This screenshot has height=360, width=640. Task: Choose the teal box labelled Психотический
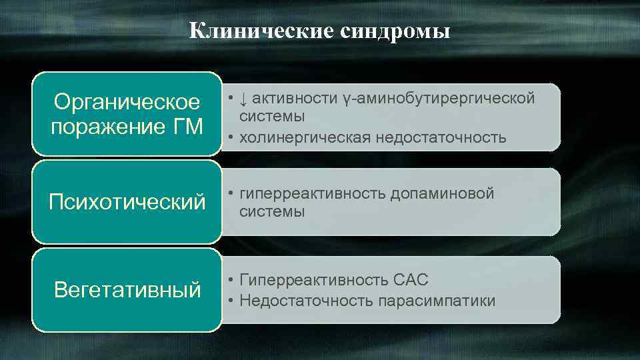click(127, 202)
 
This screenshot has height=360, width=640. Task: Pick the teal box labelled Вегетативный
click(127, 290)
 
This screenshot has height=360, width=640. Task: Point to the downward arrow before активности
click(244, 99)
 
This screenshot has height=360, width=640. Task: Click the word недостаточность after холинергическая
click(441, 137)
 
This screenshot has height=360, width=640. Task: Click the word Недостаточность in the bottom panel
click(306, 301)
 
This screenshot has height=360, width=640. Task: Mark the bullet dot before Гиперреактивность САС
click(229, 280)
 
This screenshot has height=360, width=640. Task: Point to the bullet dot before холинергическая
click(229, 137)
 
